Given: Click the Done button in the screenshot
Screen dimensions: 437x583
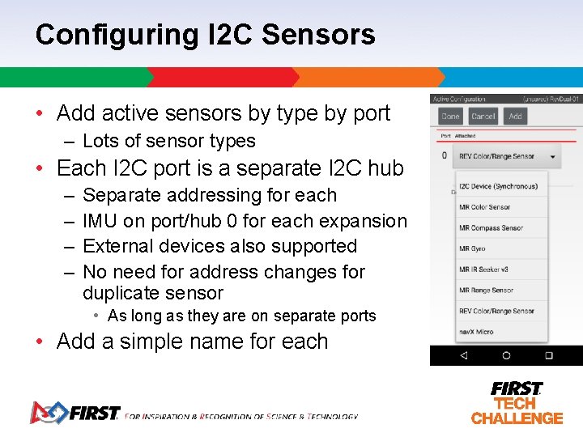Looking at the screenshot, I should (451, 117).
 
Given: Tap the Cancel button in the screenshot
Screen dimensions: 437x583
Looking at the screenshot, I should (483, 117).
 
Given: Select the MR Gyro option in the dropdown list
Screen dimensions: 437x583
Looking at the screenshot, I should (472, 248).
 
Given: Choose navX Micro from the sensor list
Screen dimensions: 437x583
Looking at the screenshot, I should (476, 332).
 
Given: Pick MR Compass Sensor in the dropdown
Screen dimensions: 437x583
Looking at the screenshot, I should (491, 228).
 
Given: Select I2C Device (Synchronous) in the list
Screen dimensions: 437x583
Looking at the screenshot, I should (498, 186).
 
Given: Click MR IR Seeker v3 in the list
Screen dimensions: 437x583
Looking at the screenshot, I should (483, 269).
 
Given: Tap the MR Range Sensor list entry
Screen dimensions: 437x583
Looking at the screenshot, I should (486, 291).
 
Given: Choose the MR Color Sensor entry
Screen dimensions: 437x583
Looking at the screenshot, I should (485, 207).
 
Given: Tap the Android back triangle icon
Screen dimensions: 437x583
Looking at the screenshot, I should (463, 355).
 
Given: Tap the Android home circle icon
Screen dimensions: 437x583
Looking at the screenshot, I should (506, 355).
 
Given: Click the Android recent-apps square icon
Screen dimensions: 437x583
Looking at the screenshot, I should (548, 355).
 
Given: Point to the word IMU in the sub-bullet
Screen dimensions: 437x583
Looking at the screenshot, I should (100, 221).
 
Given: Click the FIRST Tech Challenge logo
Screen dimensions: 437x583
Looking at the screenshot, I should (517, 402).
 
